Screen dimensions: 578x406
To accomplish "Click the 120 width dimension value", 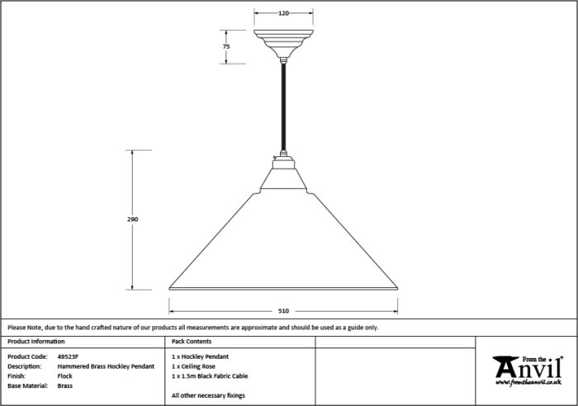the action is pyautogui.click(x=283, y=13).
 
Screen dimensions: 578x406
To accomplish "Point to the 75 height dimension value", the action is pyautogui.click(x=226, y=46).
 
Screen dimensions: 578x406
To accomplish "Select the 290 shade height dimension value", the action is pyautogui.click(x=132, y=220).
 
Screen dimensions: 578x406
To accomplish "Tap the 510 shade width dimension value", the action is pyautogui.click(x=283, y=311).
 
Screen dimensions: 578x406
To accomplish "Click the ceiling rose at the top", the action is pyautogui.click(x=283, y=44).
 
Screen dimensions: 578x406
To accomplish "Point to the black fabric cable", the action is pyautogui.click(x=283, y=106).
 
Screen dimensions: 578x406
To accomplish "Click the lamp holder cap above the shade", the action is pyautogui.click(x=283, y=162).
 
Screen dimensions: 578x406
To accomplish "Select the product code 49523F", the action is pyautogui.click(x=68, y=356).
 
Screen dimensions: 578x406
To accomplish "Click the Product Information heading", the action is pyautogui.click(x=36, y=342).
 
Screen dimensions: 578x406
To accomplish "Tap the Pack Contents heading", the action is pyautogui.click(x=192, y=342).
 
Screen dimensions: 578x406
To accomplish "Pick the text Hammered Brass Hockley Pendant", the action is pyautogui.click(x=106, y=366).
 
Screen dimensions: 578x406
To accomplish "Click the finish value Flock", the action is pyautogui.click(x=65, y=376).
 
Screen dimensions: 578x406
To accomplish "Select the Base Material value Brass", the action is pyautogui.click(x=65, y=385).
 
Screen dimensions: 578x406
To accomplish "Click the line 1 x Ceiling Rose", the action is pyautogui.click(x=193, y=366).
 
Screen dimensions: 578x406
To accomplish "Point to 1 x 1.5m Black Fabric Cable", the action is pyautogui.click(x=210, y=376).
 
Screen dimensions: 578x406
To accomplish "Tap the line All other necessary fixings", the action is pyautogui.click(x=208, y=395).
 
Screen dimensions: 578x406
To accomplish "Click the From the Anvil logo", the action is pyautogui.click(x=528, y=371).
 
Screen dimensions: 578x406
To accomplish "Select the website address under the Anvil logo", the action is pyautogui.click(x=528, y=383).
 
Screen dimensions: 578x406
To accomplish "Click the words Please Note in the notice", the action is pyautogui.click(x=24, y=327).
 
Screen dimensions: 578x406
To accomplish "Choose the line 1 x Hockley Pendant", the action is pyautogui.click(x=200, y=356).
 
